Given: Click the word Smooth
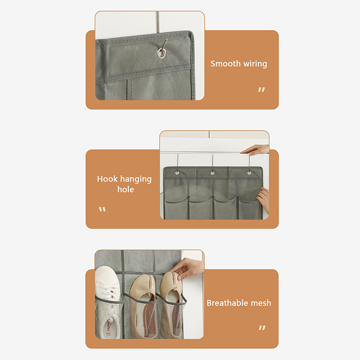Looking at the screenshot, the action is pyautogui.click(x=225, y=63).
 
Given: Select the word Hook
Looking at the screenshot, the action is pyautogui.click(x=107, y=179).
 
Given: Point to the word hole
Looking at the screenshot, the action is pyautogui.click(x=126, y=189).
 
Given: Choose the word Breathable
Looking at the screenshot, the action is pyautogui.click(x=227, y=303).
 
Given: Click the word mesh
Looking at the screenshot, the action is pyautogui.click(x=261, y=303).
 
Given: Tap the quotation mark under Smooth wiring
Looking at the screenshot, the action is pyautogui.click(x=261, y=89).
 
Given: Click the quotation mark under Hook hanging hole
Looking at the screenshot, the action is pyautogui.click(x=102, y=209).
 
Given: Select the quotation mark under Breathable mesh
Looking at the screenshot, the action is pyautogui.click(x=262, y=328).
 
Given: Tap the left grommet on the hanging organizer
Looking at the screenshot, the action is pyautogui.click(x=177, y=172).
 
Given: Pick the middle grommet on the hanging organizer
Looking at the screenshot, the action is pyautogui.click(x=212, y=172).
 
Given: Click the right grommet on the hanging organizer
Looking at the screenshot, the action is pyautogui.click(x=249, y=172).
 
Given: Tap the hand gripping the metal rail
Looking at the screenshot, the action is pyautogui.click(x=255, y=150).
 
